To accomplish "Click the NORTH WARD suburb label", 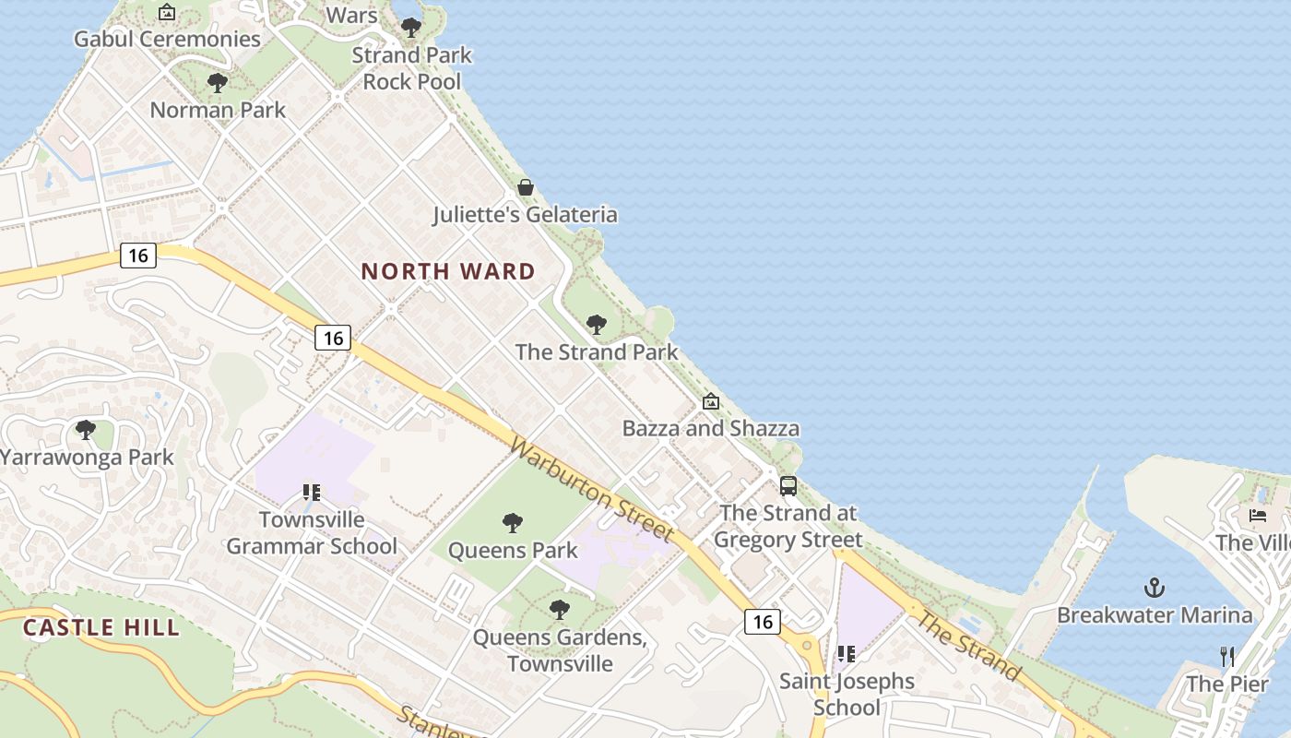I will [x=448, y=271].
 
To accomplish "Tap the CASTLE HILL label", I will [x=101, y=628].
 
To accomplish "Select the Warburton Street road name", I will [x=591, y=489].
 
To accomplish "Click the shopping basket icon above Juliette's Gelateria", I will [x=526, y=188].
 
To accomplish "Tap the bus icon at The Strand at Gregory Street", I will [x=788, y=486].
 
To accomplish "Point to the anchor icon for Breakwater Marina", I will [x=1155, y=588].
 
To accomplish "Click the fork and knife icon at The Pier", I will [x=1227, y=657].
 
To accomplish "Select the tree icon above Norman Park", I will [x=218, y=83].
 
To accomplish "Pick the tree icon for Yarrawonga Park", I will [x=86, y=430].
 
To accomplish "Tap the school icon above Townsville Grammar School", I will [x=312, y=493].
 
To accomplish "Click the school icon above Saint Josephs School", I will [x=846, y=654].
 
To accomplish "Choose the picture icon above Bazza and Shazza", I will [x=710, y=401].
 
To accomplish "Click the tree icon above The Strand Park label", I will [x=597, y=325].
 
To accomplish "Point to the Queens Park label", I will [x=513, y=551].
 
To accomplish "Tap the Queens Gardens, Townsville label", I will [x=560, y=650].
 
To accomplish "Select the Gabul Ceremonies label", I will [x=167, y=39].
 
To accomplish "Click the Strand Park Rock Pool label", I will [x=411, y=68].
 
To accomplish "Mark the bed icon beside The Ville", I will [x=1258, y=516].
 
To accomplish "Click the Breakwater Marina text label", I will [x=1155, y=615].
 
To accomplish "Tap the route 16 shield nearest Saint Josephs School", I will [x=763, y=622].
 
